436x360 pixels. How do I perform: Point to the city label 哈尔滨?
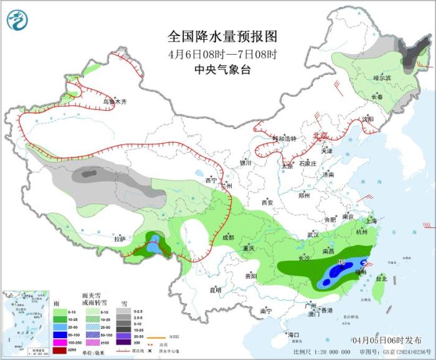382,78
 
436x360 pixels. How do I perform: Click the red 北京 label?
320,135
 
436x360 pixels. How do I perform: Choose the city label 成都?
228,237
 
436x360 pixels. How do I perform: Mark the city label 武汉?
313,235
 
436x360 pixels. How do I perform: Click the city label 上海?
371,220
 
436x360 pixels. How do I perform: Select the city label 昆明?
215,290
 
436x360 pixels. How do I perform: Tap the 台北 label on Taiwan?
379,279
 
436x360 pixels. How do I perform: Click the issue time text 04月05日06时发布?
386,341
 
